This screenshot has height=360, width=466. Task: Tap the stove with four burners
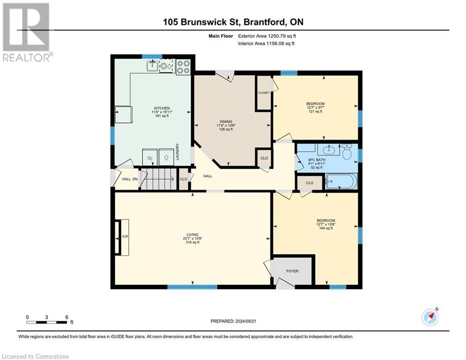click(x=183, y=67)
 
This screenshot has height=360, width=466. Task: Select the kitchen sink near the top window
click(x=153, y=67)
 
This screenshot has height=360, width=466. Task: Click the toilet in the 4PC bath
click(x=347, y=151)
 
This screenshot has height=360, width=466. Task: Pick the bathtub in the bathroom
click(x=341, y=181)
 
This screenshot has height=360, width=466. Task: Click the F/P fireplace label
click(x=125, y=237)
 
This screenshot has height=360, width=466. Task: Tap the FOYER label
click(x=292, y=271)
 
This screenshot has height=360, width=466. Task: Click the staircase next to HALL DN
click(x=159, y=179)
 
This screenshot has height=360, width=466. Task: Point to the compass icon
click(x=430, y=317)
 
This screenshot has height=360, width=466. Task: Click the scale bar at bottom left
click(x=47, y=322)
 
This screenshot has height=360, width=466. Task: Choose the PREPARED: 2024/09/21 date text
click(x=234, y=321)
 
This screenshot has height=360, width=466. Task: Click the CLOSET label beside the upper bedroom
click(x=264, y=93)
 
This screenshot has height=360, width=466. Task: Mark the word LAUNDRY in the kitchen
click(x=178, y=152)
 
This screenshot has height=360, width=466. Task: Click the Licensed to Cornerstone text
click(x=36, y=356)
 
